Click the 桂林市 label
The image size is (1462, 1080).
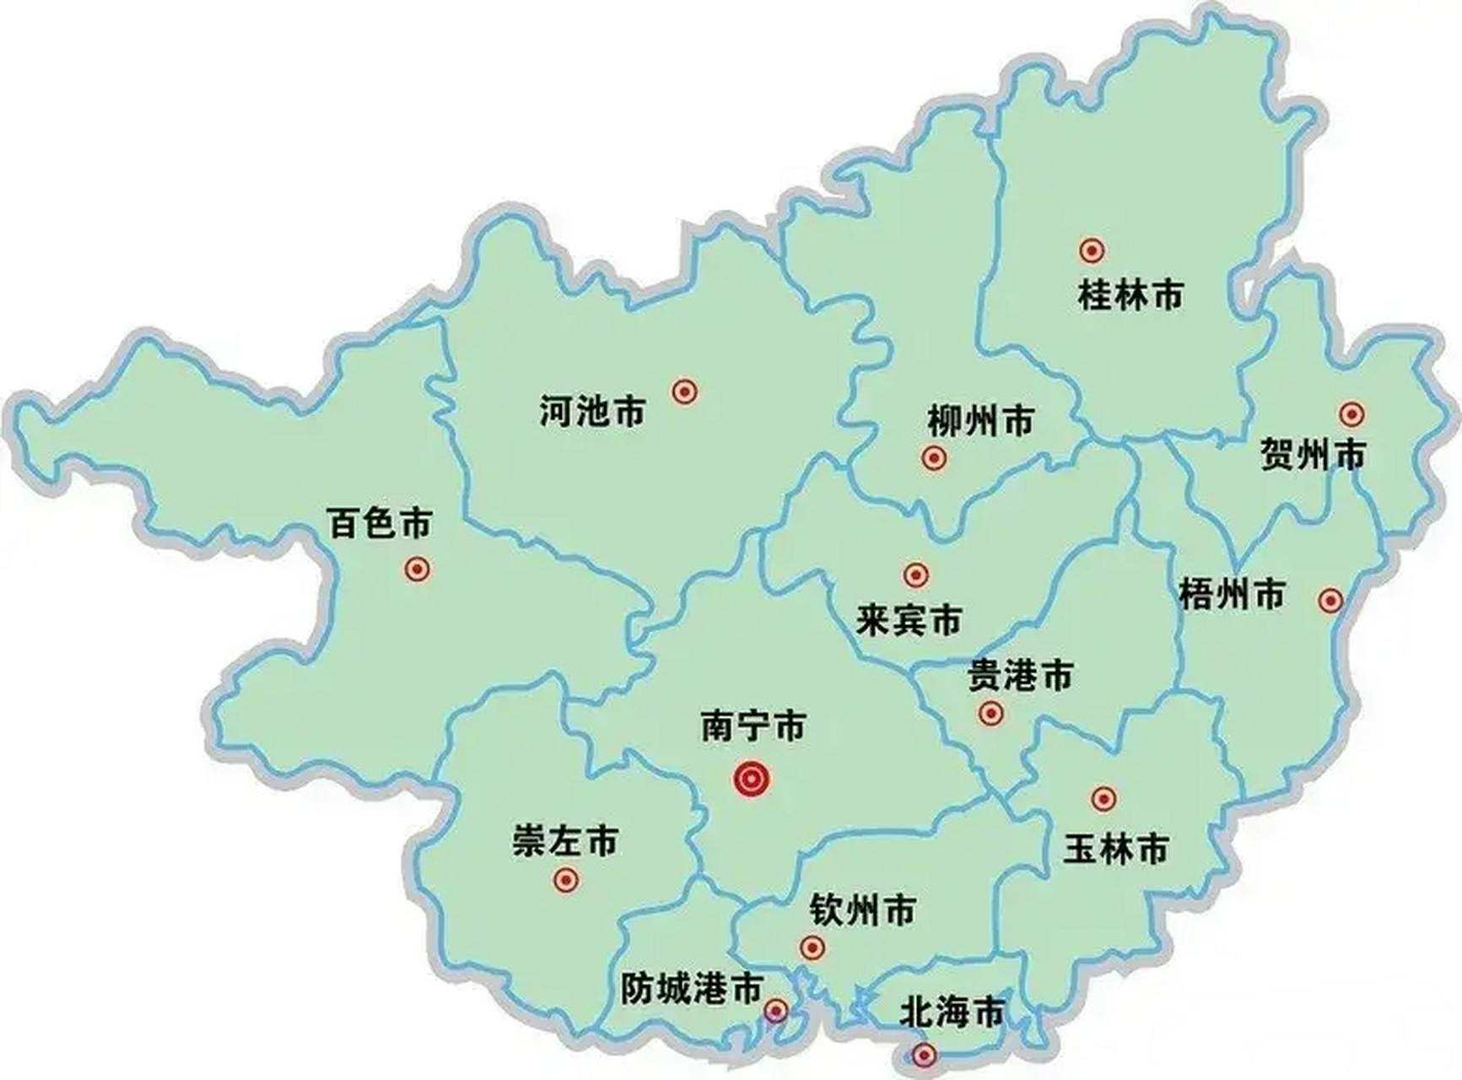[1130, 295]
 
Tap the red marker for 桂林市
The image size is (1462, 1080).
[1092, 250]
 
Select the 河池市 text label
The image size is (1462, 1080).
[592, 412]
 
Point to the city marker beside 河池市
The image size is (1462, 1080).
[684, 391]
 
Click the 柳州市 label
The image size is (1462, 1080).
[980, 420]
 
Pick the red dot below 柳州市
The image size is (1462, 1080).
[933, 458]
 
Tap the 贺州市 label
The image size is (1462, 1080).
[1313, 455]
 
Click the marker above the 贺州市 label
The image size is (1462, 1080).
[1351, 414]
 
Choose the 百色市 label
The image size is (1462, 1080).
[380, 524]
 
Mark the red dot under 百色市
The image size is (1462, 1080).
[417, 570]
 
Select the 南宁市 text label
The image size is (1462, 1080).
[753, 726]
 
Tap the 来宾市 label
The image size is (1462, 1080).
[909, 620]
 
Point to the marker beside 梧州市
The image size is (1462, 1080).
[1330, 601]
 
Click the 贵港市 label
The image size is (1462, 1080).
[1020, 675]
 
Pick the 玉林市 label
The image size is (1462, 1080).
[1116, 848]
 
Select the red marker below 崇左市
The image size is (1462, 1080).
[566, 880]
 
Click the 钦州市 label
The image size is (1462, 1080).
[862, 910]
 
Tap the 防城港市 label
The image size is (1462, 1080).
[692, 988]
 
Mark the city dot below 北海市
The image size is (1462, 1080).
[925, 1055]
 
